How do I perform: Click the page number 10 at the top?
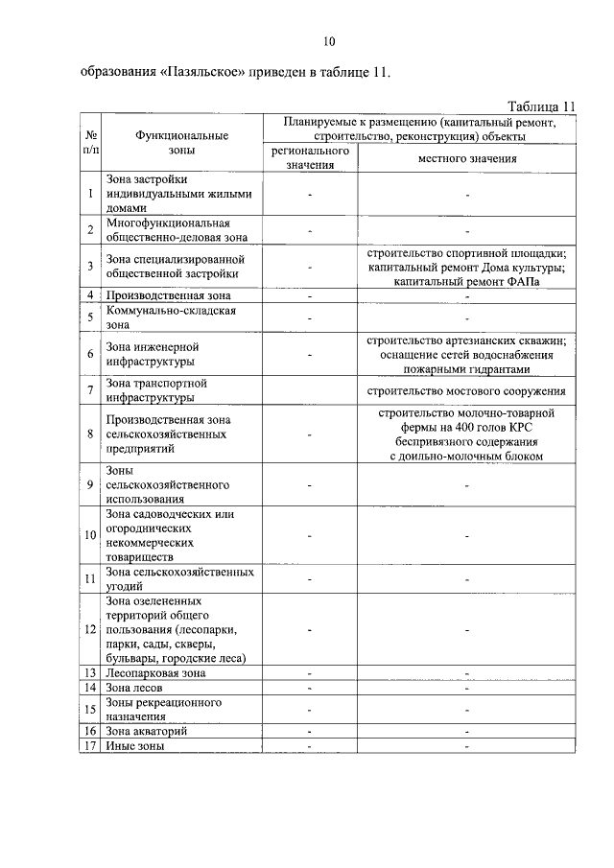329,41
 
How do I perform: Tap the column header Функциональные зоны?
181,143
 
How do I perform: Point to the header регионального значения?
309,158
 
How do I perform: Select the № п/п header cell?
89,143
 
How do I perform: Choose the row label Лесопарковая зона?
155,673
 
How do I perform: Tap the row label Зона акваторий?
147,731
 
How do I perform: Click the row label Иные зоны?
135,745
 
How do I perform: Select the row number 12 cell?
89,629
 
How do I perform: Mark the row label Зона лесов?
135,688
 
